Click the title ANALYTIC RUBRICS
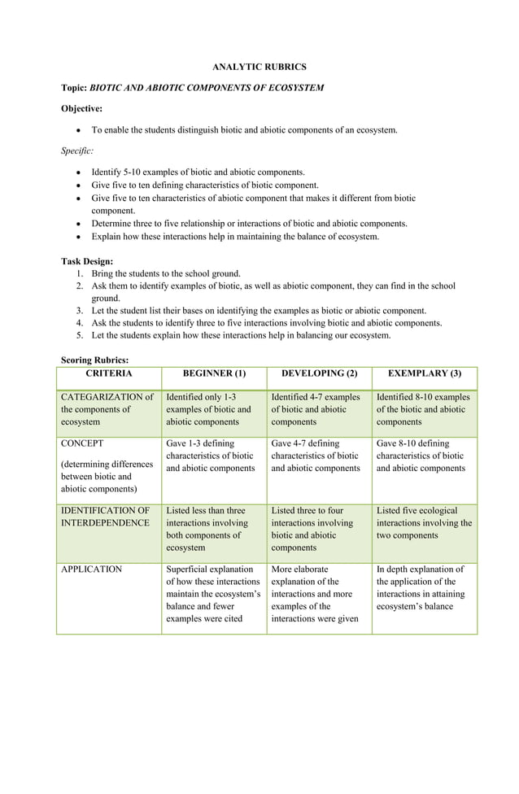(259, 66)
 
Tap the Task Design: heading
(87, 261)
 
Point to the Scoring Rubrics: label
(94, 360)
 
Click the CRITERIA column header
(109, 373)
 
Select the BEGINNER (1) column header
(214, 373)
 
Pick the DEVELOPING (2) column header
(319, 373)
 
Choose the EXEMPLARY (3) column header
(424, 373)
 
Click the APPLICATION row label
(91, 569)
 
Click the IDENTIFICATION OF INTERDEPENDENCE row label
(105, 517)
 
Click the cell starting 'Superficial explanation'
(212, 595)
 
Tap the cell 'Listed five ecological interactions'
(424, 523)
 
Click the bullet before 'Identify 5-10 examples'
(77, 172)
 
